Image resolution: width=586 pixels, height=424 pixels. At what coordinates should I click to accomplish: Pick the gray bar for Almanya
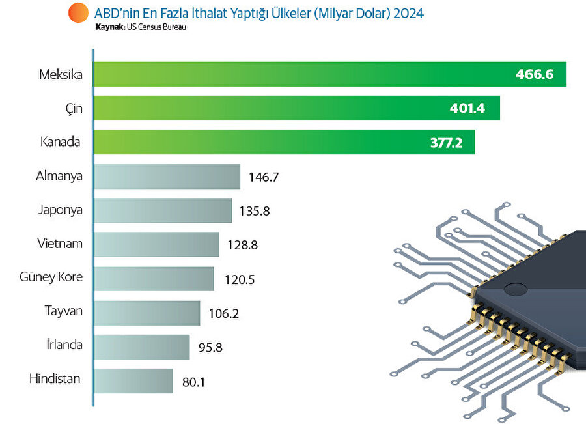click(167, 177)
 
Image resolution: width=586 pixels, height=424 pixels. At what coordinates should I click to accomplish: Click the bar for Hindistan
click(133, 381)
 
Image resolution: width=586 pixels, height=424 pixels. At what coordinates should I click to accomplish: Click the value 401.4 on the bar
click(467, 108)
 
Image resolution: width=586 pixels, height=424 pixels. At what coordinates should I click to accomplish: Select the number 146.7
click(264, 177)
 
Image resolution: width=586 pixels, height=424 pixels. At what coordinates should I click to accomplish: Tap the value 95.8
click(210, 347)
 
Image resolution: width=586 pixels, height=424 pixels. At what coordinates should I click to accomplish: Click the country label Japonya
click(61, 210)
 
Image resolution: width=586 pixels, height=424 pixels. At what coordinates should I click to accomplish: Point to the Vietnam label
click(60, 244)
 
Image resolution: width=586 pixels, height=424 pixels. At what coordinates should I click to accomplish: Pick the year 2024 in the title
click(408, 13)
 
